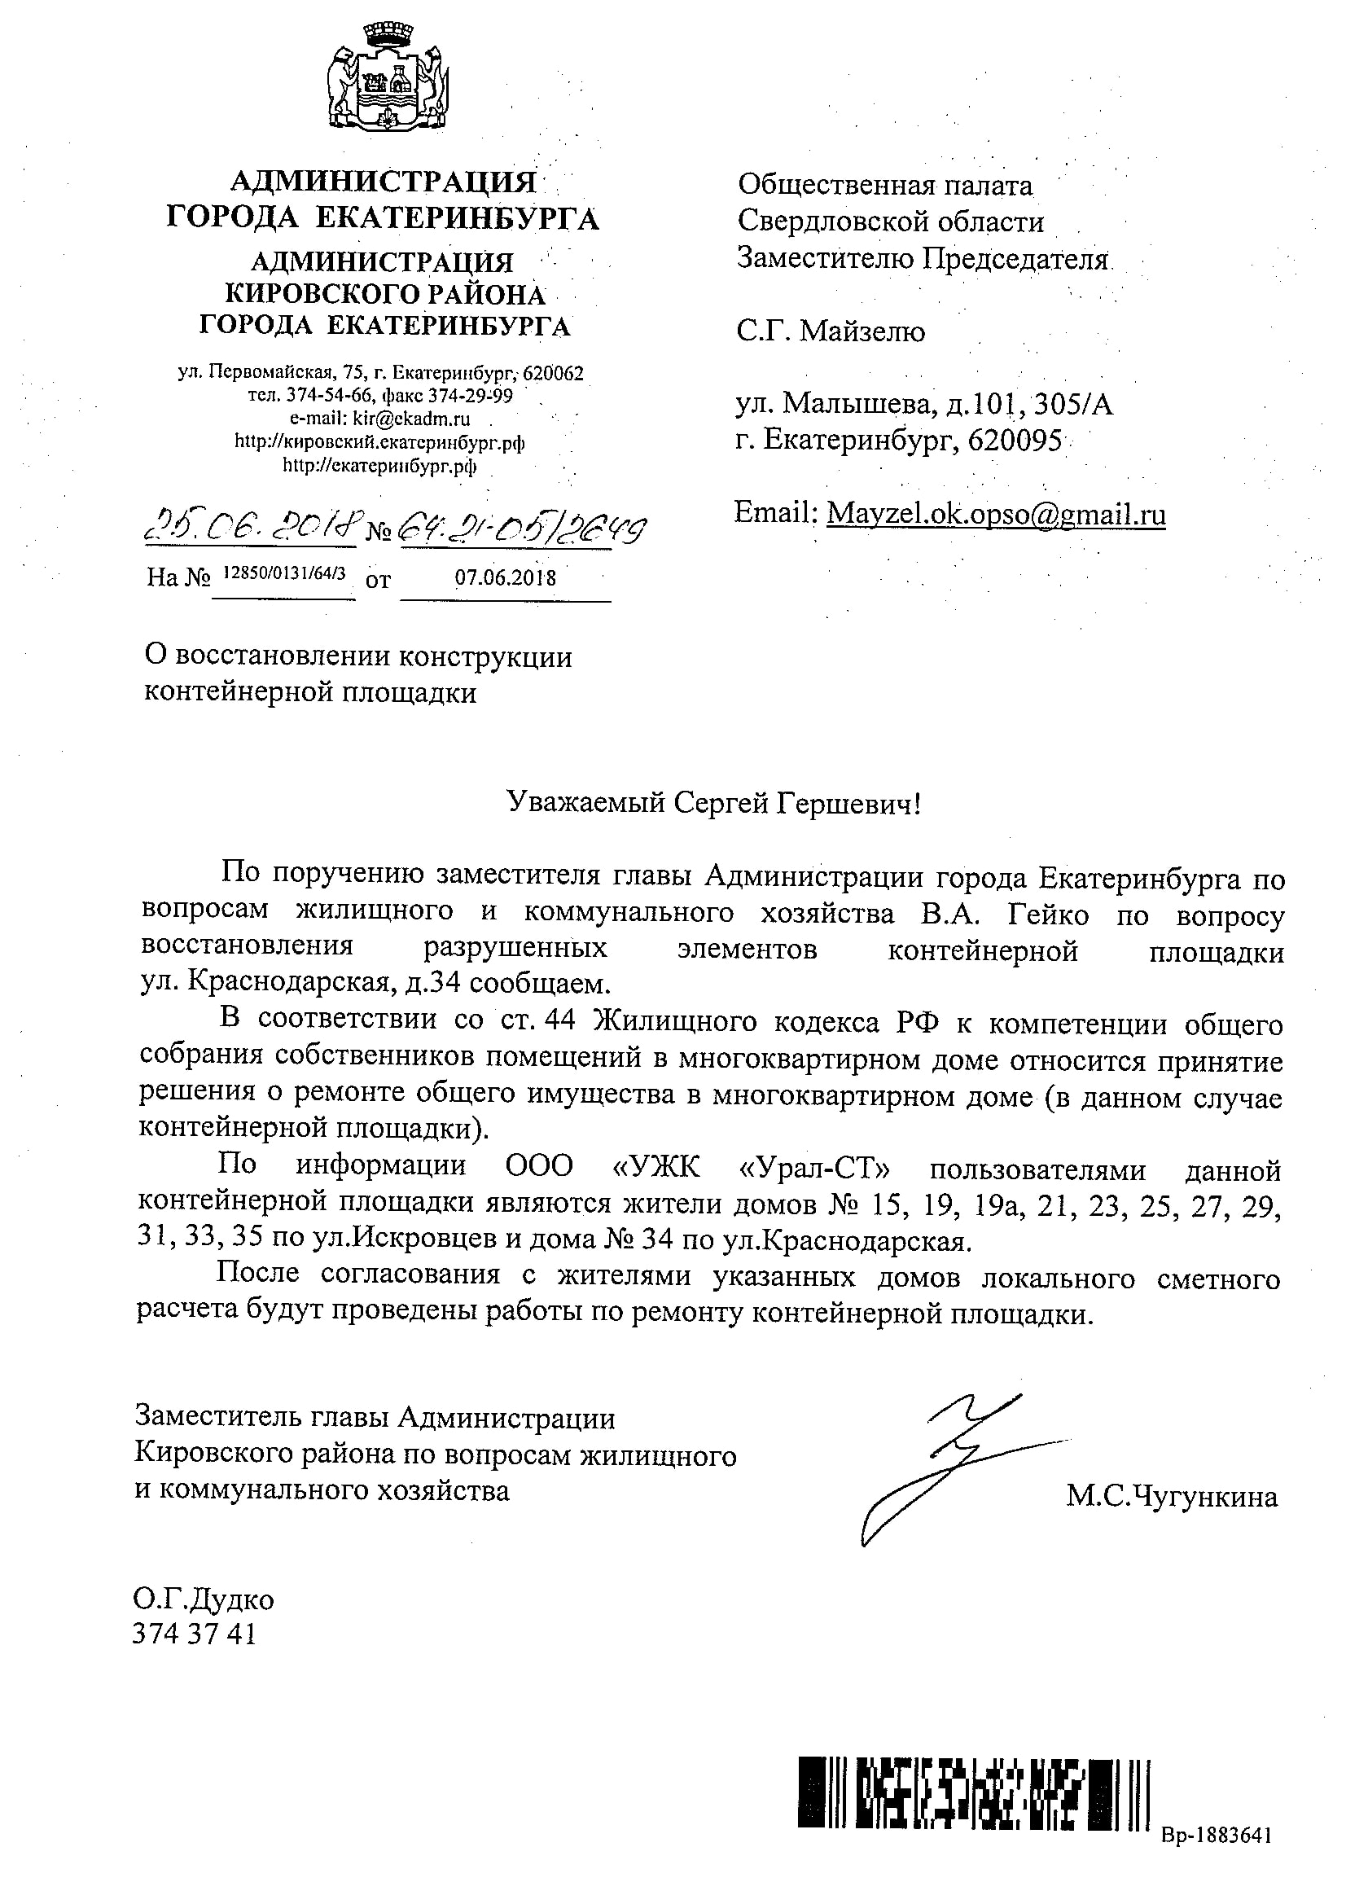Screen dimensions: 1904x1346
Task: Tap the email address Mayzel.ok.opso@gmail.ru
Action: click(996, 514)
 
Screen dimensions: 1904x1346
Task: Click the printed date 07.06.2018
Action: click(505, 577)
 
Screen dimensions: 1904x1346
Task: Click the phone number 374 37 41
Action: click(195, 1634)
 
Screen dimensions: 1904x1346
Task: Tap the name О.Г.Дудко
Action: click(204, 1598)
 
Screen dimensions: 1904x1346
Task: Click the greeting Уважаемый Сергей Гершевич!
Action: click(713, 803)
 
